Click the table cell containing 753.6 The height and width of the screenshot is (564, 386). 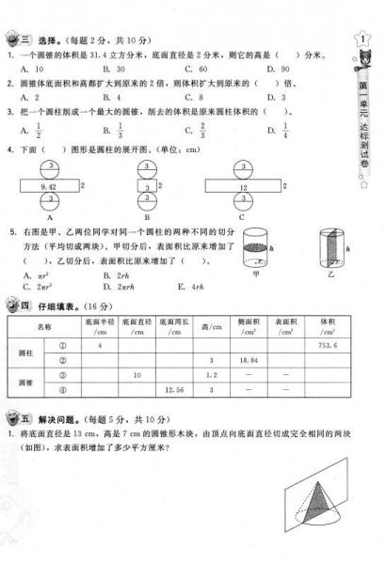327,345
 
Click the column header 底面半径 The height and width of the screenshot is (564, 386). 98,325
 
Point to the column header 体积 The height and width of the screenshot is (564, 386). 327,325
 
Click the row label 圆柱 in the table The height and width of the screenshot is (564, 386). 28,352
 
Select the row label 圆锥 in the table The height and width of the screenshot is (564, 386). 28,383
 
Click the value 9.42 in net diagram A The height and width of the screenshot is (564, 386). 37,188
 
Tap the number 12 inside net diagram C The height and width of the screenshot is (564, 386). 244,188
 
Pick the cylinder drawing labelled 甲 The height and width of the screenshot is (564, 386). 255,246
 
